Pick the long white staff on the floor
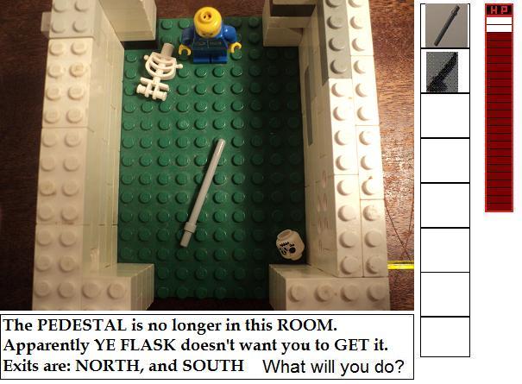coord(203,193)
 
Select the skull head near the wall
coord(290,246)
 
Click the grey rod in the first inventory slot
coord(447,26)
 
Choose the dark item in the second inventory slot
coord(442,72)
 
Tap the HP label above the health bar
coord(499,10)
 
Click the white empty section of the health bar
coord(499,25)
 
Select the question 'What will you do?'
coord(333,367)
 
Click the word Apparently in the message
coord(47,346)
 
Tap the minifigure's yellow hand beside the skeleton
coord(184,50)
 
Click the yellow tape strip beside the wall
coord(400,266)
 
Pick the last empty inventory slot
coord(445,337)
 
